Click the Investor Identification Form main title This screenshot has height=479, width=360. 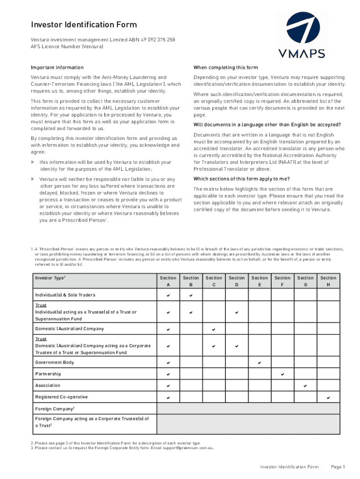(84, 24)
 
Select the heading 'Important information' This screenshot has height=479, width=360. (57, 68)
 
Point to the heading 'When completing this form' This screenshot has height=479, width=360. (225, 68)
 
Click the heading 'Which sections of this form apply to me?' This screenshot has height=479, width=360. (242, 179)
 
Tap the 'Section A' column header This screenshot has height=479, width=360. (168, 281)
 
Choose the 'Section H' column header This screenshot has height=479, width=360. (328, 281)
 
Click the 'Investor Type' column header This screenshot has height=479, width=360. (50, 278)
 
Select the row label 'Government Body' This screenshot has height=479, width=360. (54, 363)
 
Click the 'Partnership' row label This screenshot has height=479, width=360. (48, 374)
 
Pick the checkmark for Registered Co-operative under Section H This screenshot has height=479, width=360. (328, 398)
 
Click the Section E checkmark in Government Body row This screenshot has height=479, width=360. (259, 363)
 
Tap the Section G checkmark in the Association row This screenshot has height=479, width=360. (305, 386)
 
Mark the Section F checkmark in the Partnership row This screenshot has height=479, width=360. (282, 375)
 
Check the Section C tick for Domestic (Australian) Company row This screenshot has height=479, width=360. (214, 329)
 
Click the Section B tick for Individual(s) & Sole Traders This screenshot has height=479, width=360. (191, 296)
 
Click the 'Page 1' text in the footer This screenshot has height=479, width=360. (338, 467)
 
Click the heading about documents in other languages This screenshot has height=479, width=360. (267, 124)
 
